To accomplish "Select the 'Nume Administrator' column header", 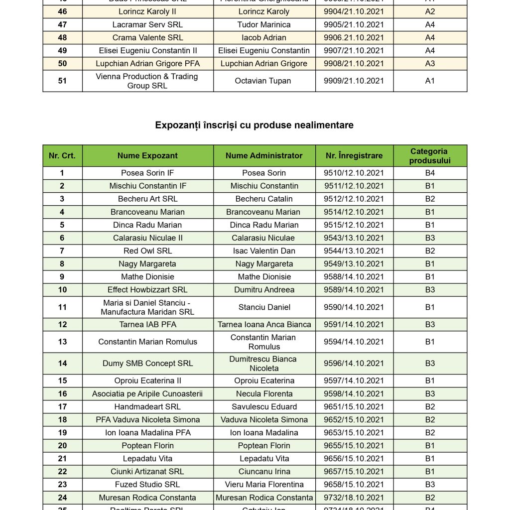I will (x=264, y=155).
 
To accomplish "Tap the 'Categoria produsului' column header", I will (x=429, y=155).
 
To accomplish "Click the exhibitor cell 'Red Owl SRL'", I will (x=147, y=251).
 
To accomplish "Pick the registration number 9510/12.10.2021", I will (x=354, y=173).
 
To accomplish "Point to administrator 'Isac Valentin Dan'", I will (x=264, y=251).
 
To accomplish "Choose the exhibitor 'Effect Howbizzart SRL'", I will (x=147, y=290).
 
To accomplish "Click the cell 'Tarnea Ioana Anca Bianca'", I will (x=264, y=325).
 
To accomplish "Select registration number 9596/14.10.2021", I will (x=354, y=364).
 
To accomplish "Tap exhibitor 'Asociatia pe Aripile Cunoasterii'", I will (x=147, y=394).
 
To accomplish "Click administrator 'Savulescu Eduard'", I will (x=264, y=407).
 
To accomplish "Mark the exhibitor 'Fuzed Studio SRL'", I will (x=147, y=485).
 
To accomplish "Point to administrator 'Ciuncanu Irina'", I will (x=264, y=472).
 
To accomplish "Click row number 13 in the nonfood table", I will (x=62, y=342).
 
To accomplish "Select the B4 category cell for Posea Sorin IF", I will (x=430, y=173).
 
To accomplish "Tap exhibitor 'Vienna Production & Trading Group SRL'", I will (x=147, y=81).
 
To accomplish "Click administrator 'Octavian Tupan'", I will (x=264, y=81).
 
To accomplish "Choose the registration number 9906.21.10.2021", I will (x=354, y=37).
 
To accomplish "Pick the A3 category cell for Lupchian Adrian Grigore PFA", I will (x=430, y=63).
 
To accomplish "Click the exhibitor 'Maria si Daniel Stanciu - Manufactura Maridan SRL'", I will (x=147, y=307).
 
